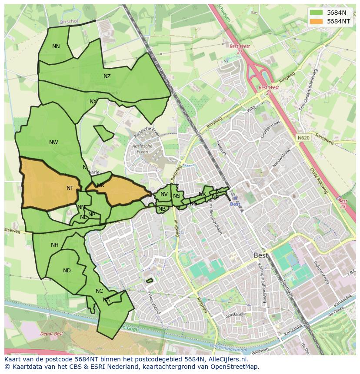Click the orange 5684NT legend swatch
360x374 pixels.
tap(317, 21)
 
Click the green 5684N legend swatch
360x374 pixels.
tap(317, 13)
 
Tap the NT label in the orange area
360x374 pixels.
tap(70, 188)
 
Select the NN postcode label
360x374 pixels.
tap(56, 46)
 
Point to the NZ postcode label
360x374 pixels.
tap(107, 76)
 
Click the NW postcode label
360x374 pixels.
tap(53, 142)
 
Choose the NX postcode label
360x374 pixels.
tap(93, 102)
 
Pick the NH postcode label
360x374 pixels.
tap(54, 245)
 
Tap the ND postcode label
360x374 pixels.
tap(67, 271)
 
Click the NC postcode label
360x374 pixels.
tap(99, 291)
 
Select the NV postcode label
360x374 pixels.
tap(164, 194)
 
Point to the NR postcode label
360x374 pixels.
tap(100, 185)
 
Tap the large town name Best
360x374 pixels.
tap(261, 255)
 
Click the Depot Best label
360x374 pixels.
tap(51, 334)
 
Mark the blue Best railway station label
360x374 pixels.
tap(235, 204)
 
